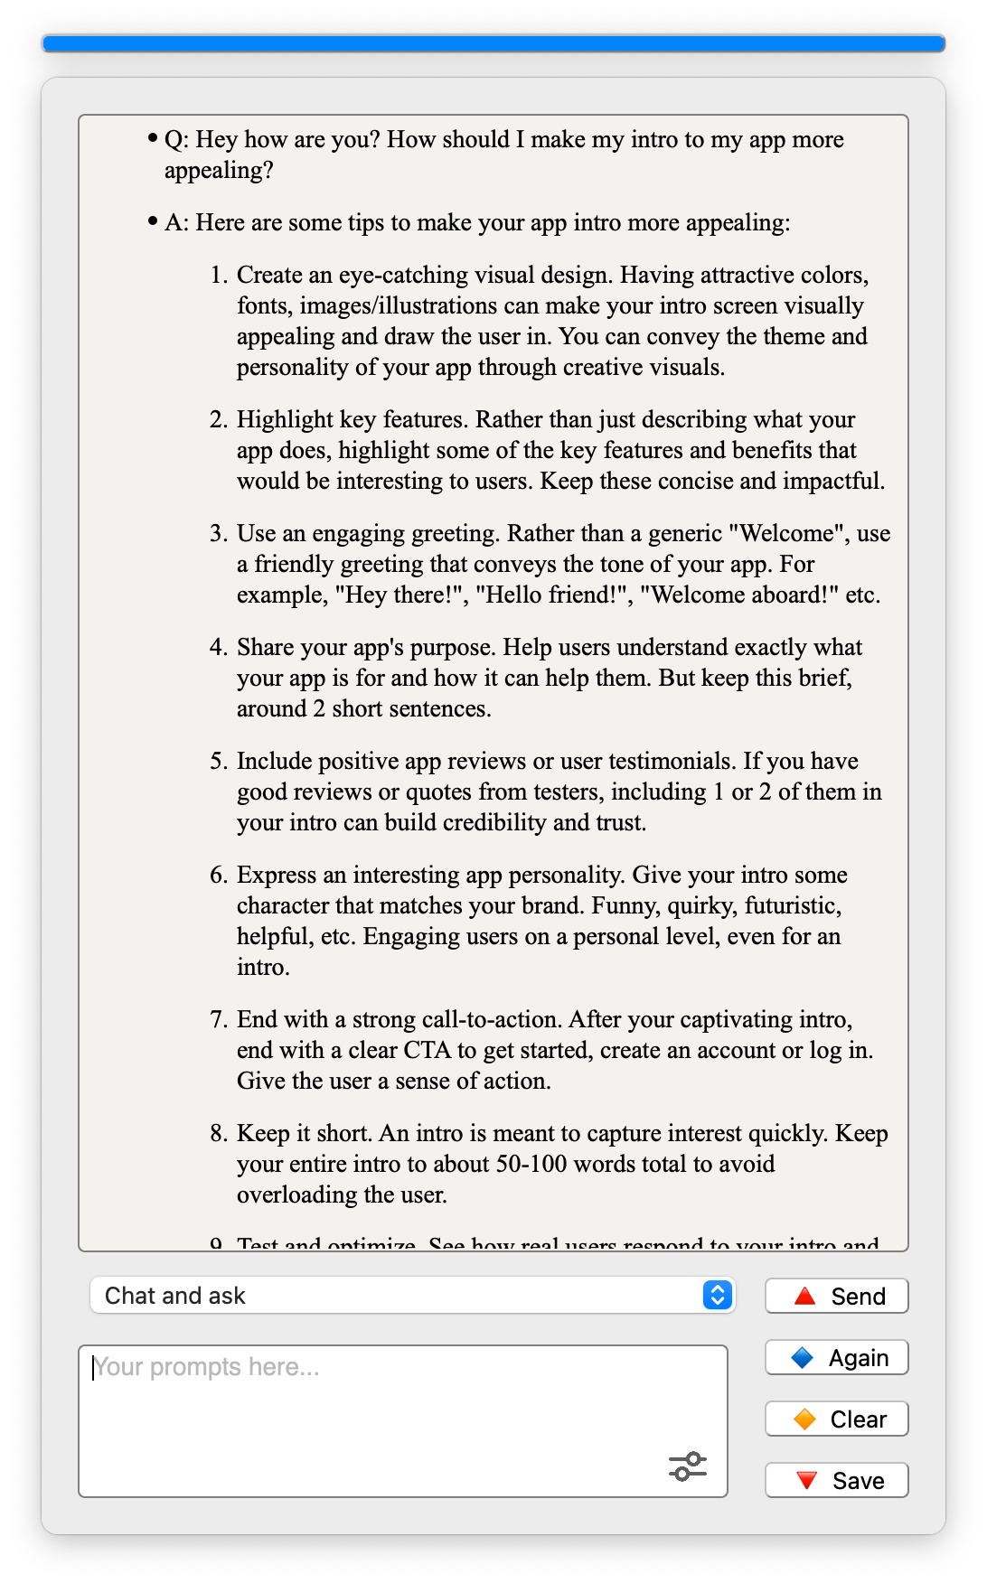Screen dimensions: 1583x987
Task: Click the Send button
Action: tap(836, 1297)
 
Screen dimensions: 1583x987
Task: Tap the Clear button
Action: tap(836, 1419)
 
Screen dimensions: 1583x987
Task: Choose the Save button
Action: tap(836, 1481)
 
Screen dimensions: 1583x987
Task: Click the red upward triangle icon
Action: tap(804, 1297)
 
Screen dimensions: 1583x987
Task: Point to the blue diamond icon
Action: tap(802, 1358)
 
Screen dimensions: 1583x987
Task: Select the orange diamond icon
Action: tap(804, 1419)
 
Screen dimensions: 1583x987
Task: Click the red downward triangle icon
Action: tap(806, 1481)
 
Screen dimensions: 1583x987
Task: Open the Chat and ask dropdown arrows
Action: tap(717, 1296)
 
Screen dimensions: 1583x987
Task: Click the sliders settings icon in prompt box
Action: tap(688, 1466)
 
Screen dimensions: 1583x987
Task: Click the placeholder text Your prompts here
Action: tap(206, 1367)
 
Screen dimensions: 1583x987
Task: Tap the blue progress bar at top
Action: tap(493, 43)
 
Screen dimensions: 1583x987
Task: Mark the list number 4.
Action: tap(218, 648)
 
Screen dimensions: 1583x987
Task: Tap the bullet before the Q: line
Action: tap(152, 139)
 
